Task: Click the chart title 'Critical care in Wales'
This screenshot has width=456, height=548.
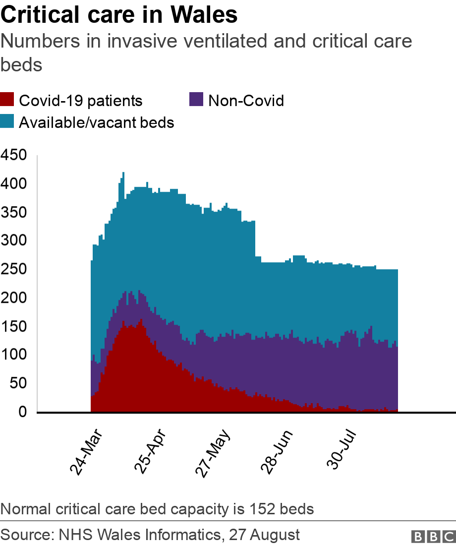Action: pos(119,15)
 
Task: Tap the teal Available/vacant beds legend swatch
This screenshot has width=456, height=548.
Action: pos(7,122)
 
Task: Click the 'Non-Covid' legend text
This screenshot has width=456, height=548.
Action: pos(246,101)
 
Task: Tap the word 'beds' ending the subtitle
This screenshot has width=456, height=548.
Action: pos(21,64)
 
